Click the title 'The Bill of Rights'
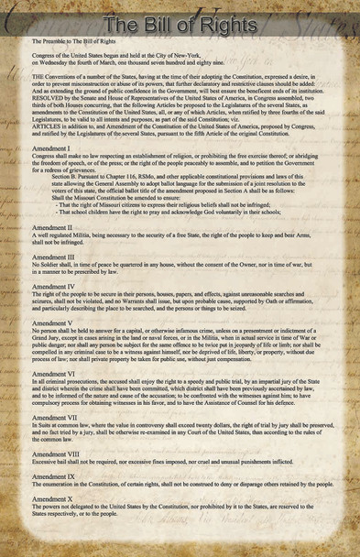point(180,23)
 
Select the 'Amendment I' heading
point(50,147)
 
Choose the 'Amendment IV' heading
point(52,287)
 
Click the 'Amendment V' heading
point(51,323)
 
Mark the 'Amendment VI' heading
point(52,375)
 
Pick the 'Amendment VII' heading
point(53,418)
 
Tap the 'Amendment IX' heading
point(52,476)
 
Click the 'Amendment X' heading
point(51,498)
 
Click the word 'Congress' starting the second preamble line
point(43,55)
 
